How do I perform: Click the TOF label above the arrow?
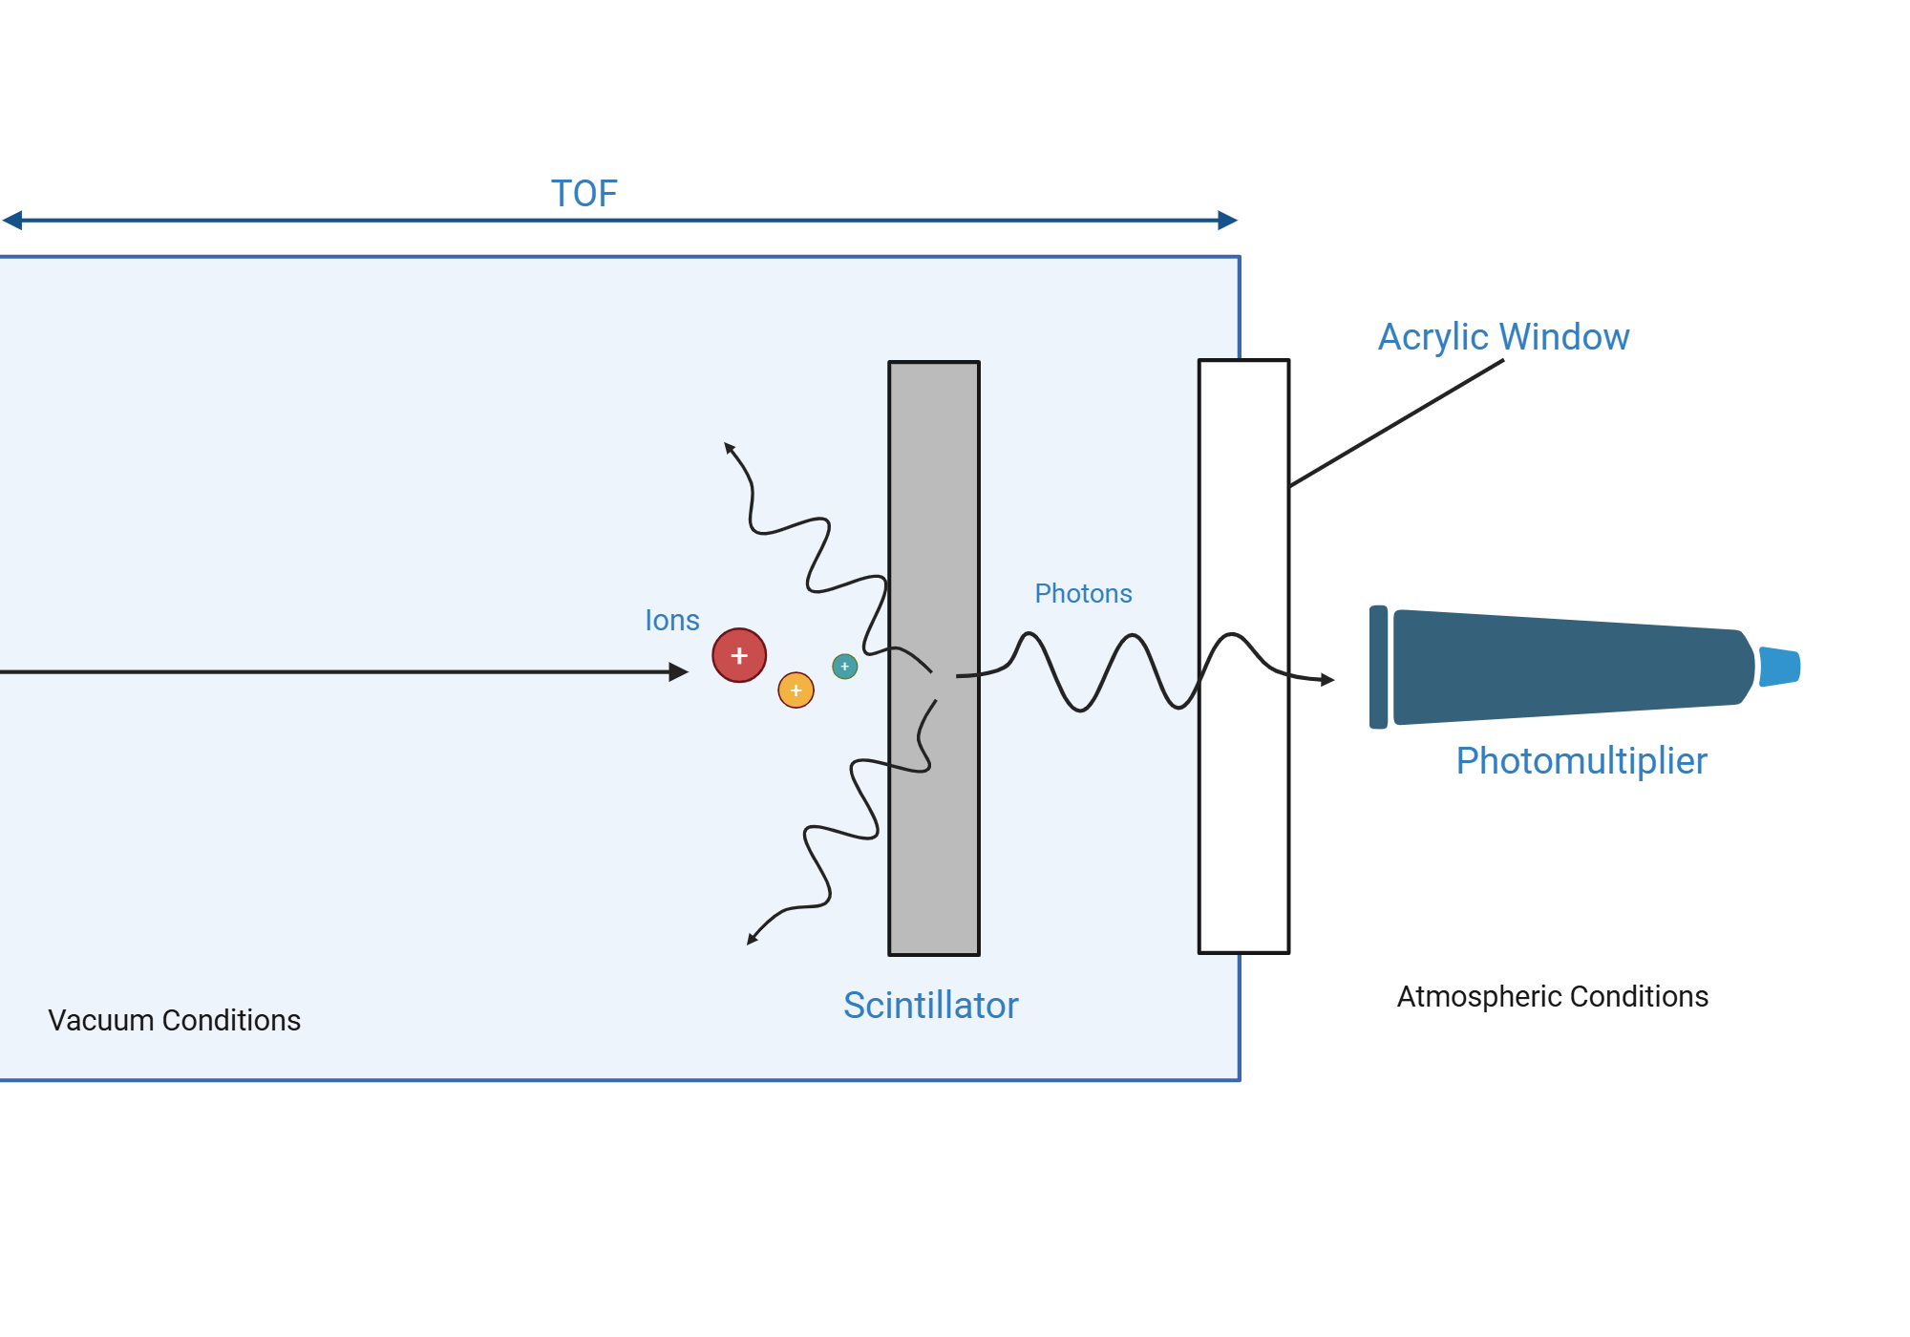tap(584, 194)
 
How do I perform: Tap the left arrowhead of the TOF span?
tap(12, 221)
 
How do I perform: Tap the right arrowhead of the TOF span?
tap(1228, 221)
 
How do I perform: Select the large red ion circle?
tap(739, 655)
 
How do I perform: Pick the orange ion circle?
tap(796, 690)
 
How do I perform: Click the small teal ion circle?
tap(844, 667)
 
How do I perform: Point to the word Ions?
tap(672, 621)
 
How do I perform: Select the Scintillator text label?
tap(930, 1006)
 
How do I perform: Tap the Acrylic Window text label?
tap(1503, 337)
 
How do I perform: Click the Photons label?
tap(1083, 594)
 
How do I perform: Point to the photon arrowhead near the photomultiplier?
tap(1327, 680)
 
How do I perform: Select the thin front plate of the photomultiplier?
tap(1378, 667)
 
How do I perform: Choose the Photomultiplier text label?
tap(1581, 761)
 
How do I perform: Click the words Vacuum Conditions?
tap(174, 1020)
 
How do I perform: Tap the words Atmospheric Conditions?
tap(1552, 996)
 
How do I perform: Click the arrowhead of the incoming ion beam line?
tap(679, 672)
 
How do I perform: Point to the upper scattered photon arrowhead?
tap(729, 448)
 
